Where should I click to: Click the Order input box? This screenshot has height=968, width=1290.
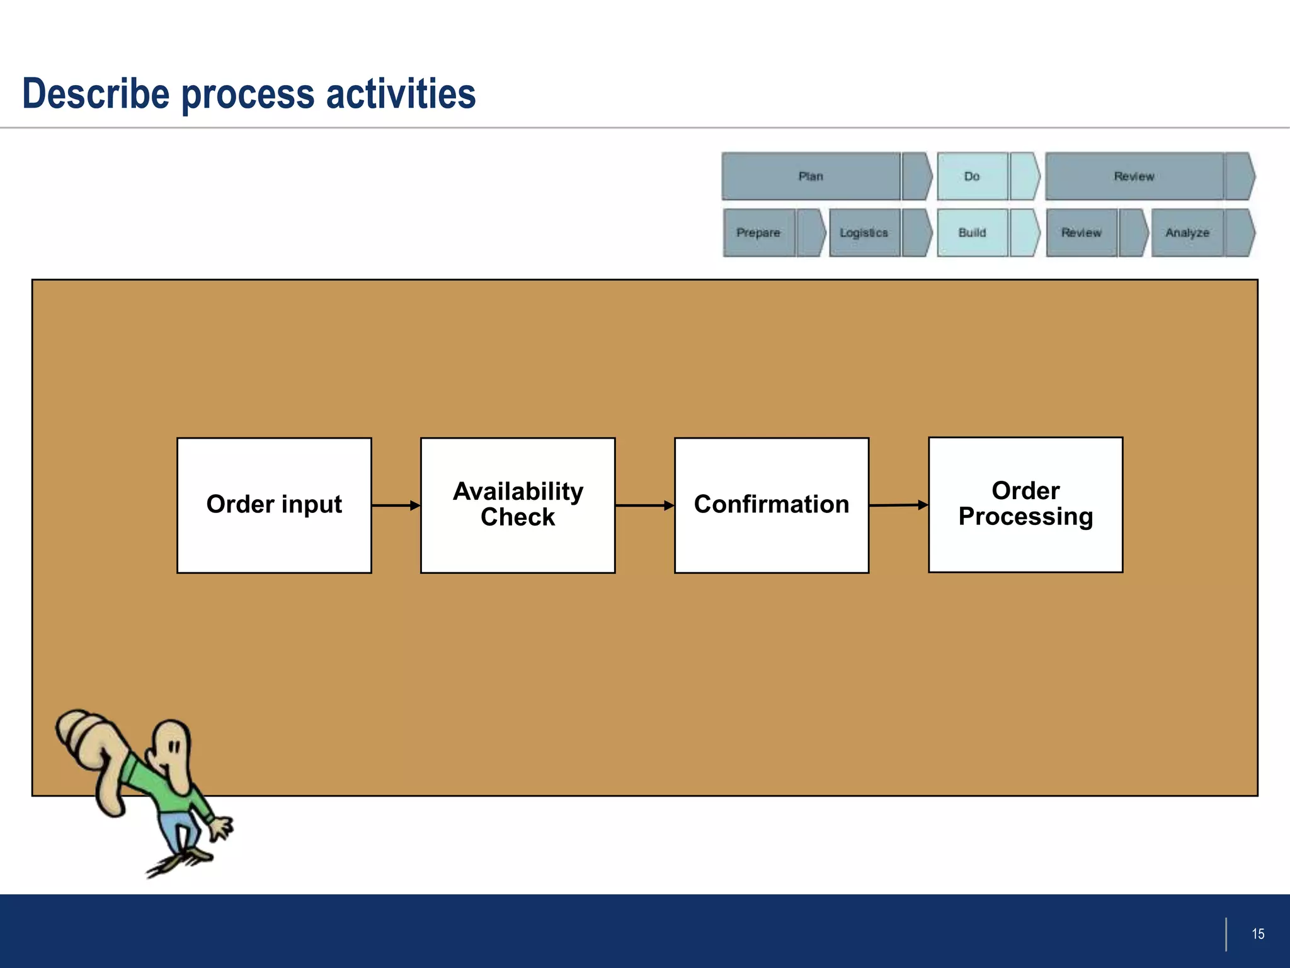tap(274, 505)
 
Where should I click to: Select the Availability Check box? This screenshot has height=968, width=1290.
tap(518, 505)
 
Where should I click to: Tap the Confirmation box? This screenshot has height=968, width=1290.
tap(772, 505)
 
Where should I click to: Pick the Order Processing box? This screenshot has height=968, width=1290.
tap(1025, 504)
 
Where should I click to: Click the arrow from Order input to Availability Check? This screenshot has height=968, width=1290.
tap(396, 505)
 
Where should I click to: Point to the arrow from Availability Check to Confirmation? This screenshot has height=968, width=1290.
tap(644, 505)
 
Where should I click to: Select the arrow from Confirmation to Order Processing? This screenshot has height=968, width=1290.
tap(898, 505)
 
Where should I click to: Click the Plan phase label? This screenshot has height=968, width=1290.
tap(811, 176)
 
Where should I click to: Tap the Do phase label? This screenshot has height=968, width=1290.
tap(972, 176)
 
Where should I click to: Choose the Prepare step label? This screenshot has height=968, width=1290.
tap(758, 233)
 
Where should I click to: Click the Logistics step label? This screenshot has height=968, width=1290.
tap(864, 233)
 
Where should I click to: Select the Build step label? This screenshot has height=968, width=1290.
tap(972, 233)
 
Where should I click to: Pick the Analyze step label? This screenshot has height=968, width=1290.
tap(1187, 233)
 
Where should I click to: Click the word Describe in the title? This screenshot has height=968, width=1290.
tap(96, 94)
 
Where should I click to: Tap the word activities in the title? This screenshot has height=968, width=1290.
tap(401, 94)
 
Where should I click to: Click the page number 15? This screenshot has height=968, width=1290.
tap(1258, 934)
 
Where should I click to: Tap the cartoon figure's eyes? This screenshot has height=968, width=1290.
tap(174, 748)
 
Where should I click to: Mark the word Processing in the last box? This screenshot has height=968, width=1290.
tap(1025, 517)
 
